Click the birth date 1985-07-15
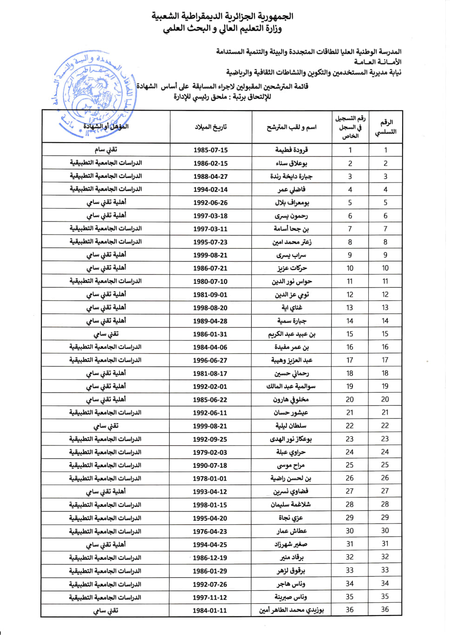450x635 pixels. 210,150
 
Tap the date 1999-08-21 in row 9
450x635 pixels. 210,255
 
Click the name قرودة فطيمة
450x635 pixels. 292,150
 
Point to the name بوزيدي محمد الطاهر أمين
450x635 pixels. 292,610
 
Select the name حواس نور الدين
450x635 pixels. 292,281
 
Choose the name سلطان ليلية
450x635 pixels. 291,426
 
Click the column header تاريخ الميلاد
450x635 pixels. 211,127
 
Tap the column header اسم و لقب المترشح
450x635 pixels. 292,127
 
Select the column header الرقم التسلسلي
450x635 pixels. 385,127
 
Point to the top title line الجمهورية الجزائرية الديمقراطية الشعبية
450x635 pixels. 222,16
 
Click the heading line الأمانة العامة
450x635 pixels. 378,62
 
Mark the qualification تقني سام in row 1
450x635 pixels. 106,150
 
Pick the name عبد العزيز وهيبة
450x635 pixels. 292,360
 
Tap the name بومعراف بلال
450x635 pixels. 292,203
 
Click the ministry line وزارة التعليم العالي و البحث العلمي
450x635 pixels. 222,29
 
